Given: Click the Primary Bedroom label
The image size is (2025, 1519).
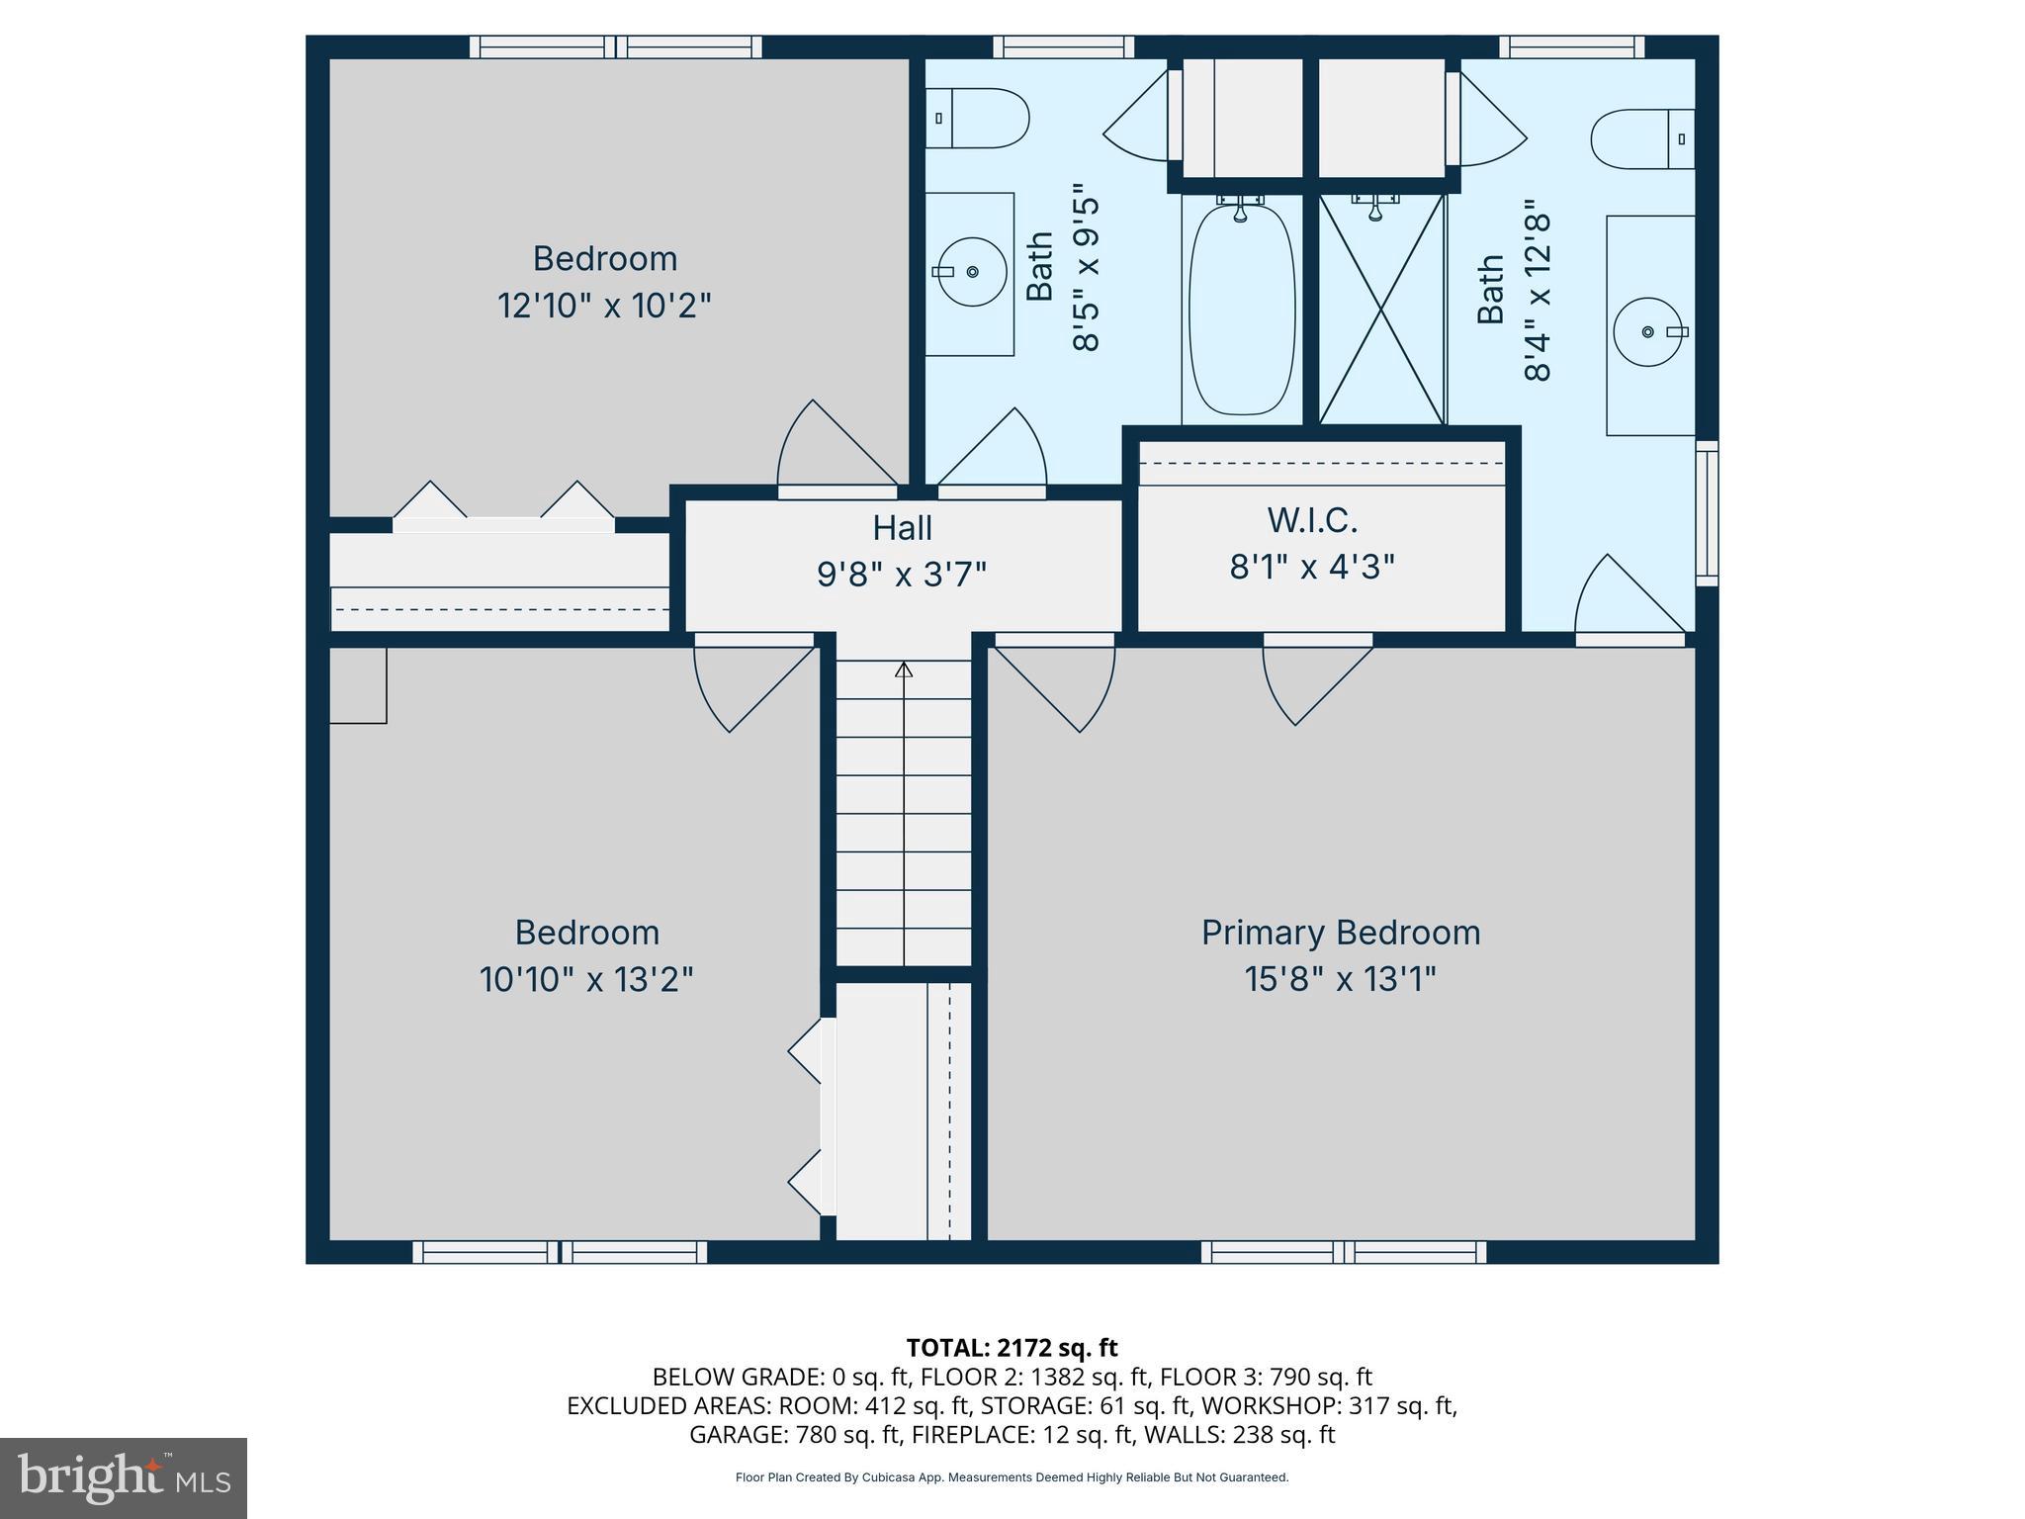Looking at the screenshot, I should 1340,933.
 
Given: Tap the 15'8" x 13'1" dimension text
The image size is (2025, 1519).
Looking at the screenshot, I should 1340,980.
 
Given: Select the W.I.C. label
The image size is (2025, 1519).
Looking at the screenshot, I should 1312,520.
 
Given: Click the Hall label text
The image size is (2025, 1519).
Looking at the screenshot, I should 902,528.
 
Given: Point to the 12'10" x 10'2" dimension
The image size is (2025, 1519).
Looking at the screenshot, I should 604,306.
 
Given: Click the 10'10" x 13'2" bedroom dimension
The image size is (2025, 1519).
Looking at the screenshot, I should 586,980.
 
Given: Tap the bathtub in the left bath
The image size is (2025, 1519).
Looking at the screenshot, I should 1241,309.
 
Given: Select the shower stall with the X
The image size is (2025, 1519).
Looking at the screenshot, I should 1381,309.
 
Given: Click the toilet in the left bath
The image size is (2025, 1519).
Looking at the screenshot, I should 977,119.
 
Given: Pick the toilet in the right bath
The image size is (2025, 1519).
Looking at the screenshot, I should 1641,139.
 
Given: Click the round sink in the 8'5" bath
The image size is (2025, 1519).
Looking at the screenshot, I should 971,271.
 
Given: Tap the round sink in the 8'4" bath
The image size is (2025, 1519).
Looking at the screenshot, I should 1648,332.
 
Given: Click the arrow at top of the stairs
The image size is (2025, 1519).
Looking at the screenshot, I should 903,670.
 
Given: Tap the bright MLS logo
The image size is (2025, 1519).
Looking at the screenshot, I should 123,1477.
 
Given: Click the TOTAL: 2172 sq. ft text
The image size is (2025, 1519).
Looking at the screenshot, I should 1012,1348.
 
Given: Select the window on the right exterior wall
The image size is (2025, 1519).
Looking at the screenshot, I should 1707,512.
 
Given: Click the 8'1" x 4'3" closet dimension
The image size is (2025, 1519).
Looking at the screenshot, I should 1312,568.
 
